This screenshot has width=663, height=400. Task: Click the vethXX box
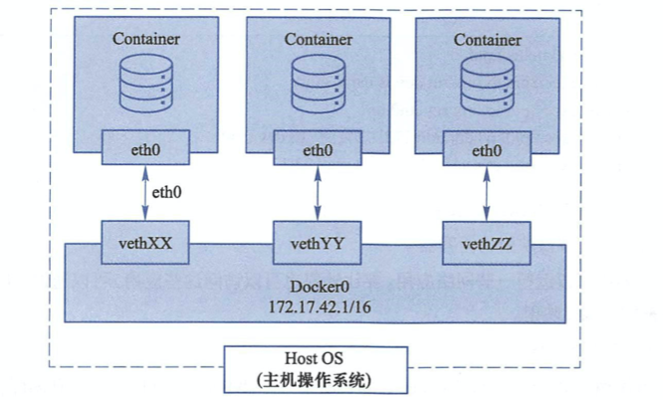[145, 242]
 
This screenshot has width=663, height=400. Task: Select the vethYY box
[318, 243]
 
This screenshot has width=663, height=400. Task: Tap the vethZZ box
[487, 244]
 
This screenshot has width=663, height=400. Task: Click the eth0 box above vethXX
[145, 147]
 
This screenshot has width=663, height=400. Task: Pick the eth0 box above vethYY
[318, 148]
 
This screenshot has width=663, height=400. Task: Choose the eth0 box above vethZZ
[487, 148]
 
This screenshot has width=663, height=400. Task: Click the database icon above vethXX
[146, 84]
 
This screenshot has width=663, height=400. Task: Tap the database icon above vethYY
[319, 85]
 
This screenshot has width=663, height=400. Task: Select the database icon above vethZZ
[488, 85]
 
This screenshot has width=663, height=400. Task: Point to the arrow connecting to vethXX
[145, 193]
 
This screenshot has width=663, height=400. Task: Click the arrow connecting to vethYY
[318, 193]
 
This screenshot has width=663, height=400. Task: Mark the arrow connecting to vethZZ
[487, 194]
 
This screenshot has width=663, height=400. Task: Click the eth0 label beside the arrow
[167, 192]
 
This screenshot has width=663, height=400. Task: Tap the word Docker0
[320, 287]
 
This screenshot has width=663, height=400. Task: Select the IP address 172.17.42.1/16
[321, 306]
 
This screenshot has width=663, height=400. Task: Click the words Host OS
[314, 358]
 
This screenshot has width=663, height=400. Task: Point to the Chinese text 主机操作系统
[314, 380]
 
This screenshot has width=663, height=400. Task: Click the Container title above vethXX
[146, 39]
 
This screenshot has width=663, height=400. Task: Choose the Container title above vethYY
[319, 40]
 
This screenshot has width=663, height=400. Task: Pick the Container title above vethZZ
[488, 40]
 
